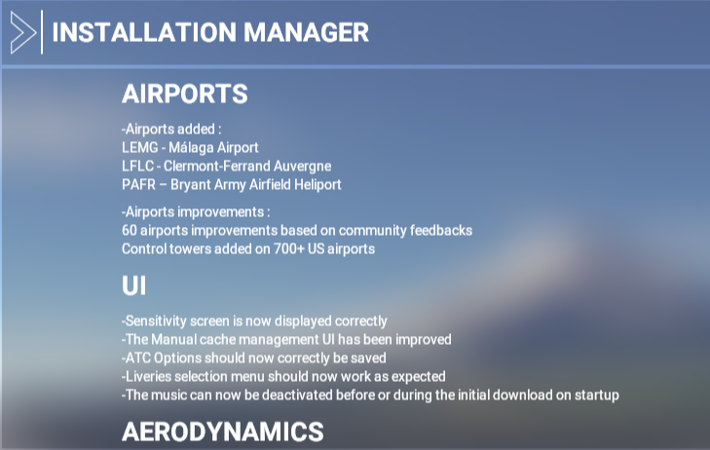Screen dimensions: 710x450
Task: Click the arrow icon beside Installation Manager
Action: coord(22,32)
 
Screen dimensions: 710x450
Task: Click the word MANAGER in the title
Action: coord(306,32)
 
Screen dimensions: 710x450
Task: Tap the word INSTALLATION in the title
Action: coord(144,32)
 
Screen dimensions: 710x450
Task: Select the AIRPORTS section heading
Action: coord(185,94)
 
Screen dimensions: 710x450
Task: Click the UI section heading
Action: coord(134,285)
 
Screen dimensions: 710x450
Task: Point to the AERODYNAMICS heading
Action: coord(223,431)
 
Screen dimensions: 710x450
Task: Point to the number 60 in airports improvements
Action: coord(130,231)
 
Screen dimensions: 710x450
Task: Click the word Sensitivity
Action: coord(155,321)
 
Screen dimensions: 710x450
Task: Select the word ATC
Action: coord(137,358)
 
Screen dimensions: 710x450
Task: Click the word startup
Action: coord(597,395)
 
